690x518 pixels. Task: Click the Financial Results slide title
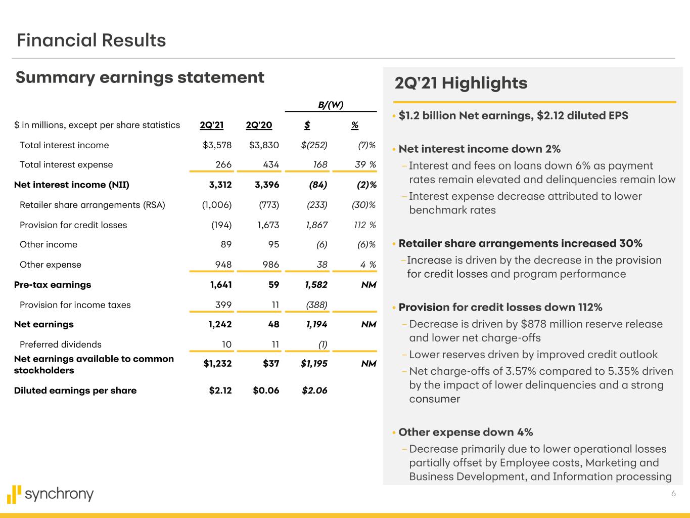[91, 40]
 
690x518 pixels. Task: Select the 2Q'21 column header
[211, 125]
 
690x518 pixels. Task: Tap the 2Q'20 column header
[259, 125]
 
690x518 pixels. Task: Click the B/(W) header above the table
[331, 105]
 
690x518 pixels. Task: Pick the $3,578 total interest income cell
[217, 145]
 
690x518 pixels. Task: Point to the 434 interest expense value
[271, 164]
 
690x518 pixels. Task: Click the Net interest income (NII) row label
[72, 185]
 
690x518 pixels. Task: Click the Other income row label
[49, 244]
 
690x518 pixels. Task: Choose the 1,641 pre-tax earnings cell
[221, 285]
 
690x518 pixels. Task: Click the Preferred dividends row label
[61, 344]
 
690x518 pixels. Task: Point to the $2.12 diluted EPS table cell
[220, 391]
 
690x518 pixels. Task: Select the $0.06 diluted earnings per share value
[266, 391]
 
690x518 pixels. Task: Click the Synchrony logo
[51, 494]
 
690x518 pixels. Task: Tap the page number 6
[673, 494]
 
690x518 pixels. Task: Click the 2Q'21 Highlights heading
[461, 83]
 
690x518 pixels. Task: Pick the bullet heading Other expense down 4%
[466, 432]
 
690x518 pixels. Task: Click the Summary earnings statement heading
[140, 77]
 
